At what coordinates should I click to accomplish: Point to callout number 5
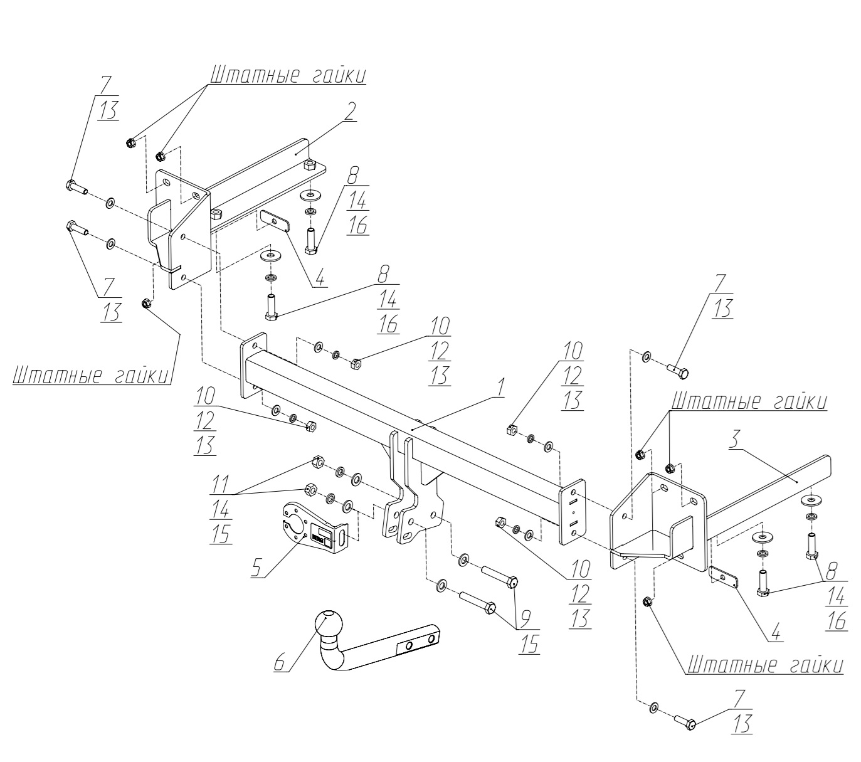256,566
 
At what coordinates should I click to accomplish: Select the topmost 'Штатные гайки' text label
287,75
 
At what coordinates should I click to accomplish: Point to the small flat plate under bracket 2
274,221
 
